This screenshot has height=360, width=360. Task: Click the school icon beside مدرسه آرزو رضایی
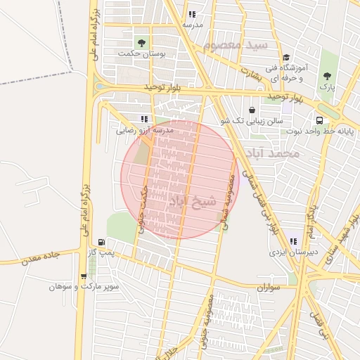pyautogui.click(x=144, y=120)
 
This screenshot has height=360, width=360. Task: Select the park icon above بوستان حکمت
pyautogui.click(x=143, y=43)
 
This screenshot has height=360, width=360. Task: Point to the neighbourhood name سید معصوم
pyautogui.click(x=236, y=44)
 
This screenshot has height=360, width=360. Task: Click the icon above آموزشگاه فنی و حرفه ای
pyautogui.click(x=285, y=58)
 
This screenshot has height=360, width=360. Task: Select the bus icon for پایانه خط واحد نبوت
pyautogui.click(x=319, y=120)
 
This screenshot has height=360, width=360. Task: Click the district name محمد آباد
pyautogui.click(x=274, y=153)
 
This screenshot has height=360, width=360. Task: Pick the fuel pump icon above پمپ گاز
pyautogui.click(x=101, y=242)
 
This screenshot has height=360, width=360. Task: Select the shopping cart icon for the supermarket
pyautogui.click(x=84, y=276)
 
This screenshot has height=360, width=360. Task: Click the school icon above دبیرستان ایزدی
pyautogui.click(x=292, y=242)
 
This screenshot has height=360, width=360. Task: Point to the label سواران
pyautogui.click(x=269, y=287)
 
